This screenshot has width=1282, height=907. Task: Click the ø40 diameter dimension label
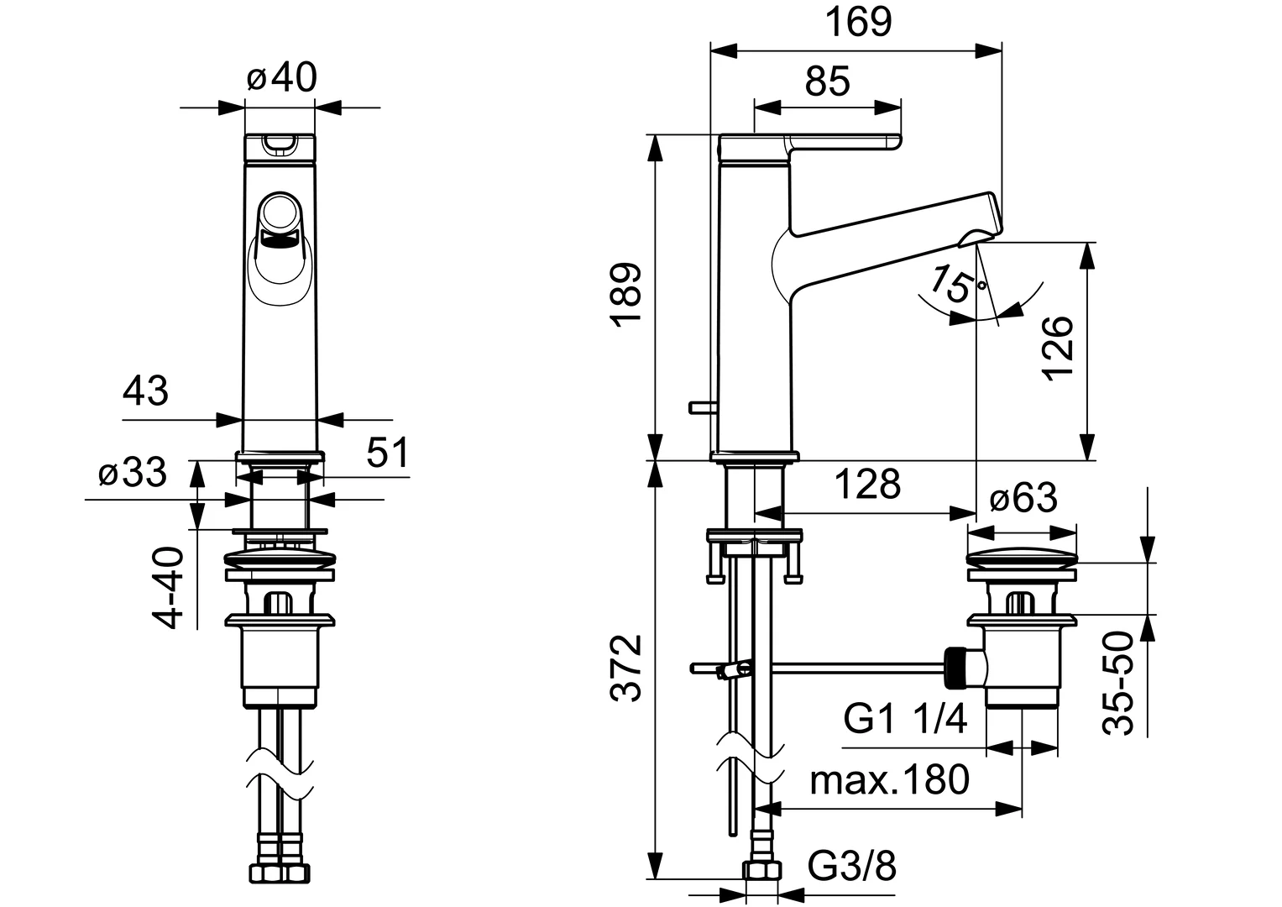point(282,79)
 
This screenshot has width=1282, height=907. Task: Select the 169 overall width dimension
point(856,22)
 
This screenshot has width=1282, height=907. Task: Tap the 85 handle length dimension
point(828,82)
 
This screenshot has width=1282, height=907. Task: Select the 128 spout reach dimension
point(867,485)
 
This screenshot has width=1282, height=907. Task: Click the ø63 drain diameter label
point(1023,499)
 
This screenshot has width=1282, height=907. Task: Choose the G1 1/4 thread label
point(906,720)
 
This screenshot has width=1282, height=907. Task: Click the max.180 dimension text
point(889,780)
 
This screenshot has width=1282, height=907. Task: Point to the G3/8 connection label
point(852,866)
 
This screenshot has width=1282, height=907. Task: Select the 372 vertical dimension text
point(627,668)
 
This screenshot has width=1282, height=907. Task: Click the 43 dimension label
point(146,391)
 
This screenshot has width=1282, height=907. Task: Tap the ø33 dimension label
point(133,474)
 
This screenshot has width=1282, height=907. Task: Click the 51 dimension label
point(387,453)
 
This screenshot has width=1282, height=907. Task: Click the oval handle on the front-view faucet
point(280,249)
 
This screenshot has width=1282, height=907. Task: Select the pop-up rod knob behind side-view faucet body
point(699,407)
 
